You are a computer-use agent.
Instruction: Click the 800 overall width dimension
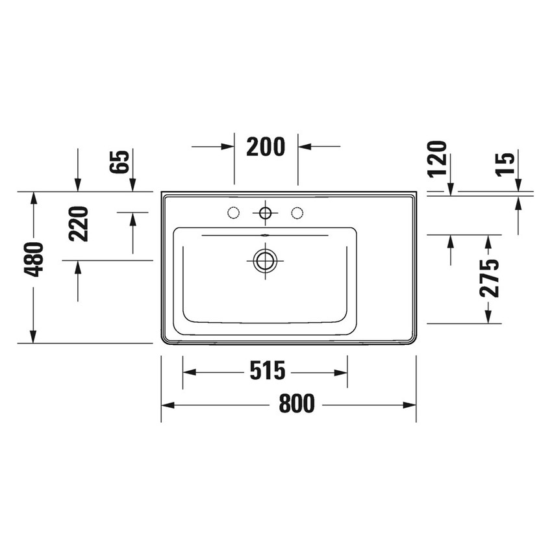(297, 404)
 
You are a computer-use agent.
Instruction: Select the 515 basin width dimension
(267, 371)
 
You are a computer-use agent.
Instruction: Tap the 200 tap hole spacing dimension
(266, 147)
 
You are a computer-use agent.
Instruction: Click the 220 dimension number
(79, 223)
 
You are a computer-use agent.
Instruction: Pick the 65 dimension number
(121, 162)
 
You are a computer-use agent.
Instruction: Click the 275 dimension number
(490, 278)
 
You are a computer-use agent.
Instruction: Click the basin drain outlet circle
(265, 260)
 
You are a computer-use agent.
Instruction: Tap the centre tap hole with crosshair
(265, 212)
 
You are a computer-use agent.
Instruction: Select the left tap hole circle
(233, 212)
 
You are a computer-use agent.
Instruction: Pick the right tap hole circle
(297, 212)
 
